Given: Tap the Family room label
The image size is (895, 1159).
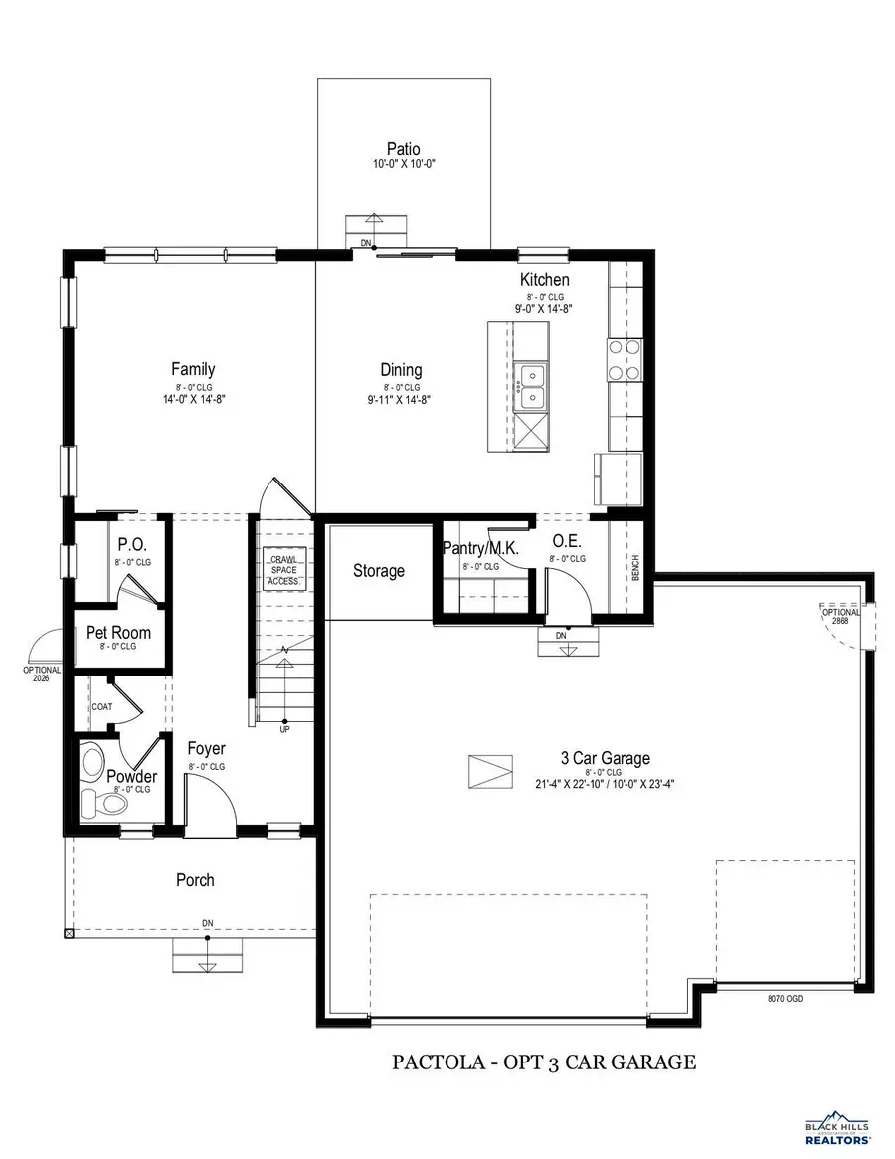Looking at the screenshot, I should [x=192, y=369].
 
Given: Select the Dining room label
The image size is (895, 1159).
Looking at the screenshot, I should [x=401, y=370].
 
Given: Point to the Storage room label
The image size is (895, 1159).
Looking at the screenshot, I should [x=379, y=571].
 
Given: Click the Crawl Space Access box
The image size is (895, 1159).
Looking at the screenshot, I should [x=284, y=570].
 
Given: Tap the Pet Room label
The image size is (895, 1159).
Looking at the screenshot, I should [x=118, y=632].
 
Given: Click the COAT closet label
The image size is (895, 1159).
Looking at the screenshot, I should [x=102, y=707].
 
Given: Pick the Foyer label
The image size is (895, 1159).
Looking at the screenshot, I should [x=207, y=749].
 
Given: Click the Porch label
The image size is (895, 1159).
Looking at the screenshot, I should [x=195, y=880].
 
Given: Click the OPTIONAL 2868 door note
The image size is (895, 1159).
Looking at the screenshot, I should [x=840, y=616].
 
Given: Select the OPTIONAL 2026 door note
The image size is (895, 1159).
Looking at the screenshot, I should [x=42, y=674].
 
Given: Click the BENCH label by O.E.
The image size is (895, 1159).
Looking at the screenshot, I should [x=635, y=568].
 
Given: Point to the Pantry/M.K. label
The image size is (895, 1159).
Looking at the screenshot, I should [x=480, y=549].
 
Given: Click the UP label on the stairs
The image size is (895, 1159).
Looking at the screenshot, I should [x=284, y=729].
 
